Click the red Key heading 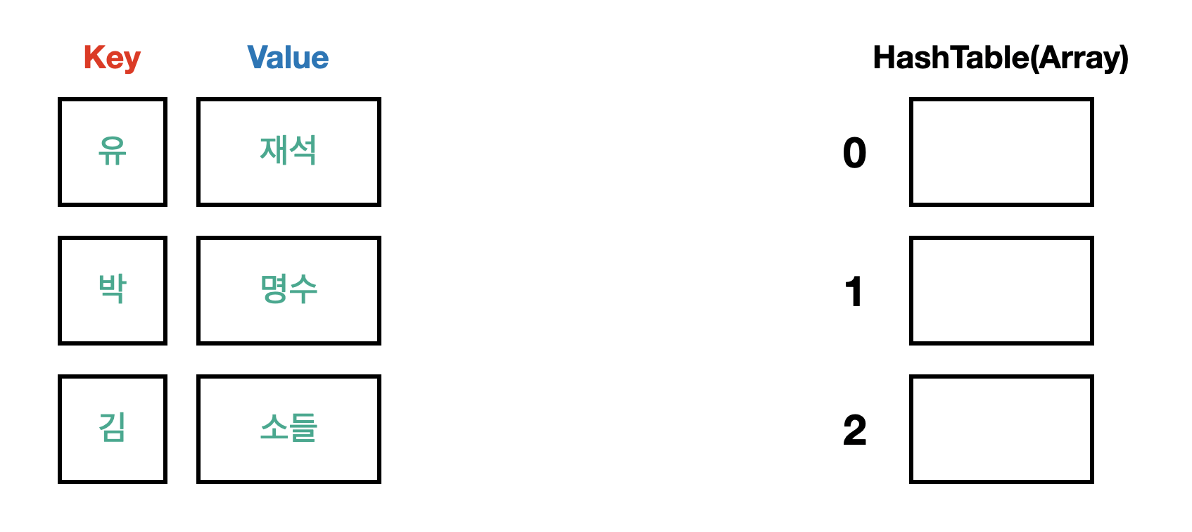(112, 58)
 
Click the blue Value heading (288, 58)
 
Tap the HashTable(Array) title (1000, 58)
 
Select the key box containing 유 (113, 152)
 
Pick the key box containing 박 (113, 291)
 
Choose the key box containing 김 (113, 429)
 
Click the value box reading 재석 (289, 152)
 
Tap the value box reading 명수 (289, 291)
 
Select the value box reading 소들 (289, 429)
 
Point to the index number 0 (854, 153)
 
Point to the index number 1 (854, 291)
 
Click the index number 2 (854, 430)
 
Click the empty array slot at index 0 (1001, 152)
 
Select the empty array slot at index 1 (1001, 291)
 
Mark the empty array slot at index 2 (1001, 429)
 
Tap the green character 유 (113, 151)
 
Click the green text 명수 (289, 289)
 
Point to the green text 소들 (289, 427)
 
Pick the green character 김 (113, 427)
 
